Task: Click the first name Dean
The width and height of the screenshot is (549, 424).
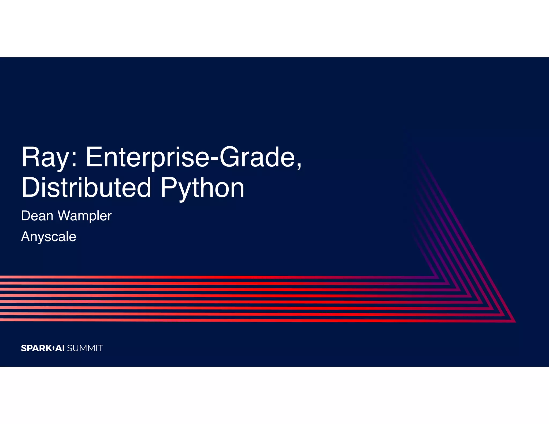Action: click(x=37, y=216)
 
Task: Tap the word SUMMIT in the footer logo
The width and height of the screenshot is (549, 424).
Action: click(x=85, y=348)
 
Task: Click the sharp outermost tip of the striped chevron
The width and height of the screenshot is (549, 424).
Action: click(x=515, y=321)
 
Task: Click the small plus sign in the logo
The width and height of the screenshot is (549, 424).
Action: click(x=53, y=348)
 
